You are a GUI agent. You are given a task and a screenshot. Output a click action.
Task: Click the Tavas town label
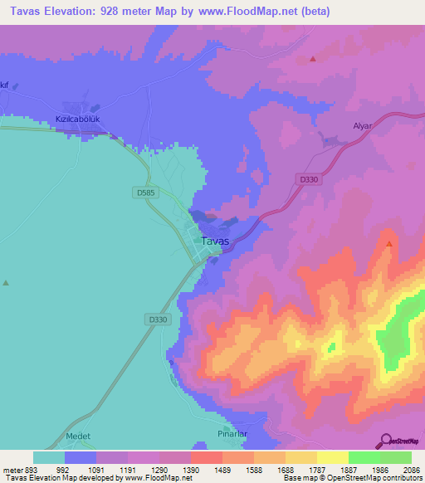coord(215,242)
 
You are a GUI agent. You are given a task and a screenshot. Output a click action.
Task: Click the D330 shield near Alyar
coord(307,178)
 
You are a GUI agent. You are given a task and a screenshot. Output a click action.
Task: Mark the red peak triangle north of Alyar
coord(312,59)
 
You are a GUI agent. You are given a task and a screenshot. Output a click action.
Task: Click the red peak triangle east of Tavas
coord(389,243)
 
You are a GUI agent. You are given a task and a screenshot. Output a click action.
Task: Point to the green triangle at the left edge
coord(6,282)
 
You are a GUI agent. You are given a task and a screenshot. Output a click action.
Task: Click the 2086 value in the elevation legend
coord(412,469)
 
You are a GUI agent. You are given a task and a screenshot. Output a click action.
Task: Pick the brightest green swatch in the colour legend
coord(364,457)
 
